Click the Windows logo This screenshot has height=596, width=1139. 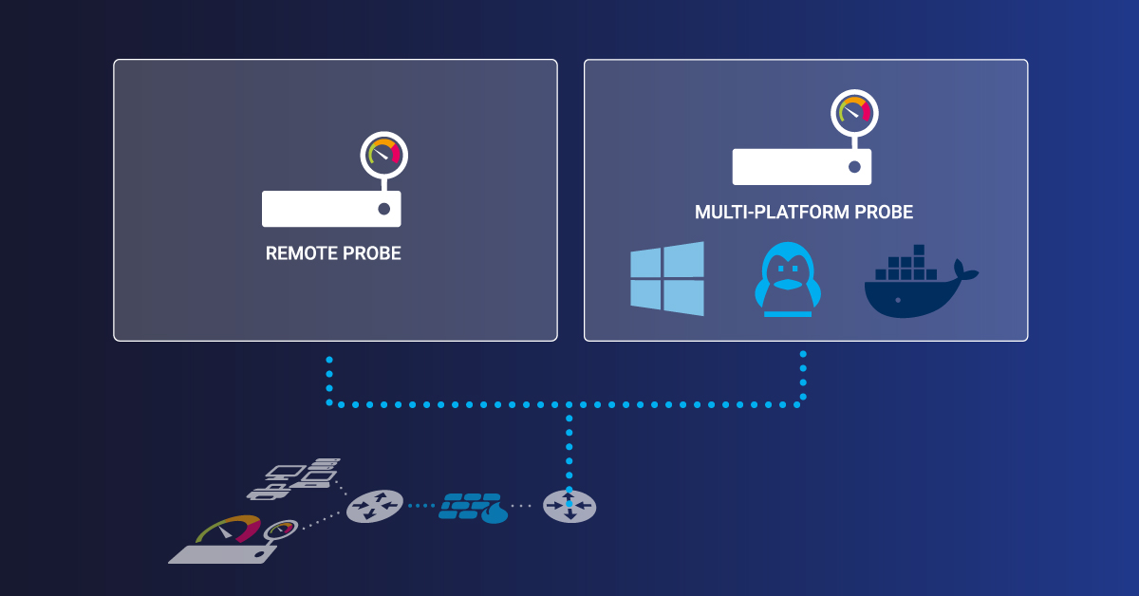(667, 278)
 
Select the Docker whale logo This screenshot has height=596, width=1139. (916, 285)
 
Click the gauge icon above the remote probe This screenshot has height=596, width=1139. (383, 154)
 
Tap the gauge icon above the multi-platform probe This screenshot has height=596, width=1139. (854, 112)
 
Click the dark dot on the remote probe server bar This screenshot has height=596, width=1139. (383, 209)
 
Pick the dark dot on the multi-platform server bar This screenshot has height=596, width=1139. (854, 167)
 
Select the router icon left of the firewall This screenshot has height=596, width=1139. (375, 506)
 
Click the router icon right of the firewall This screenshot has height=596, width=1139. (569, 506)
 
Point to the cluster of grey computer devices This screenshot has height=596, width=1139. (295, 478)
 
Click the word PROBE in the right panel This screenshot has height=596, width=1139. (883, 213)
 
